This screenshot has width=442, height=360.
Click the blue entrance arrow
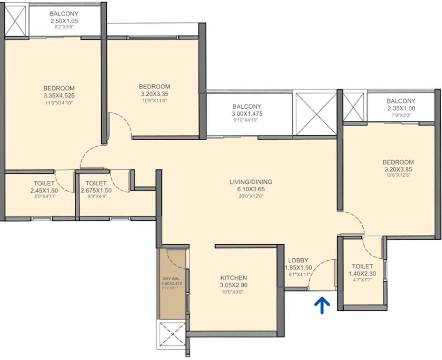[x=324, y=305]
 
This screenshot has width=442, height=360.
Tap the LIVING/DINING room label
[x=251, y=182]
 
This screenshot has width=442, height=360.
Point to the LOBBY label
[x=298, y=260]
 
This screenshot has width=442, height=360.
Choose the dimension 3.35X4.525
[x=59, y=96]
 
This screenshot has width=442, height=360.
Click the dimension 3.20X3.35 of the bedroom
[x=154, y=94]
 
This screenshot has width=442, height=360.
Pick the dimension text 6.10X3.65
[x=251, y=189]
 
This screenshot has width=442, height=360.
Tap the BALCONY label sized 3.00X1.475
[x=247, y=106]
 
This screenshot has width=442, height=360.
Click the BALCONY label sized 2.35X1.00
[x=401, y=101]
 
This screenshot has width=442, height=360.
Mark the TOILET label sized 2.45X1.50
[x=45, y=183]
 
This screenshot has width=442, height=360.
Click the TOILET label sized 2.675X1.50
[x=97, y=183]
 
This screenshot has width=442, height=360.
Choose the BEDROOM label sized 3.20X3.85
[x=398, y=162]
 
